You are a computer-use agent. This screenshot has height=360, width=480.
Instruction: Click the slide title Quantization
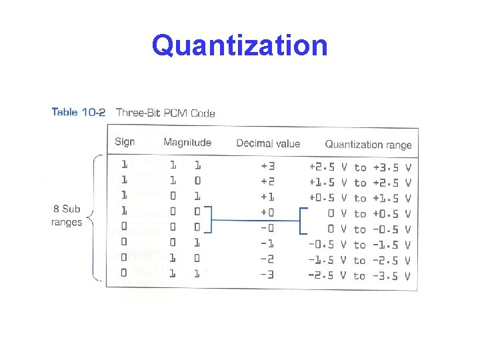coord(239,46)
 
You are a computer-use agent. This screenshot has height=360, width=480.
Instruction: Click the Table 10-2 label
coord(78,112)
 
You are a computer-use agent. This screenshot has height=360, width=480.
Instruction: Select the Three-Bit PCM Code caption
coord(165,113)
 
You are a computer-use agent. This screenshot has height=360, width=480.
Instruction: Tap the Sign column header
coord(125,142)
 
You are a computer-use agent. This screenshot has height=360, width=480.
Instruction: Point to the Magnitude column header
coord(187,142)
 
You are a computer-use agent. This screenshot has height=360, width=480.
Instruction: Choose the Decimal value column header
coord(268,143)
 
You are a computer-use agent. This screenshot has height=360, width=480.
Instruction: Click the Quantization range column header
coord(368,144)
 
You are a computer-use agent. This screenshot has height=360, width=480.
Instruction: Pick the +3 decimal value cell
coord(268,166)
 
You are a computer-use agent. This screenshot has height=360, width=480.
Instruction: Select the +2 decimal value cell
coord(268,182)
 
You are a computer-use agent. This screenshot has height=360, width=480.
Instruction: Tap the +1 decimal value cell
coord(268,197)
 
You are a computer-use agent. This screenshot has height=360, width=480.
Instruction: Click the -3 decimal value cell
coord(268,275)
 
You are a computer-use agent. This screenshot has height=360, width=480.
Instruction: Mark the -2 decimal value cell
coord(268,260)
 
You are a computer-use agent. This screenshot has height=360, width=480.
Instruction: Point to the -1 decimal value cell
coord(268,244)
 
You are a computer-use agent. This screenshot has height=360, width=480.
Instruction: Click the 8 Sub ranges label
coord(66,215)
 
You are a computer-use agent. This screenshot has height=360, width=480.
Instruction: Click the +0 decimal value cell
coord(268,213)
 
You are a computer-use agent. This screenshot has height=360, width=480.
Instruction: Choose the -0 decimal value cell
coord(268,229)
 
